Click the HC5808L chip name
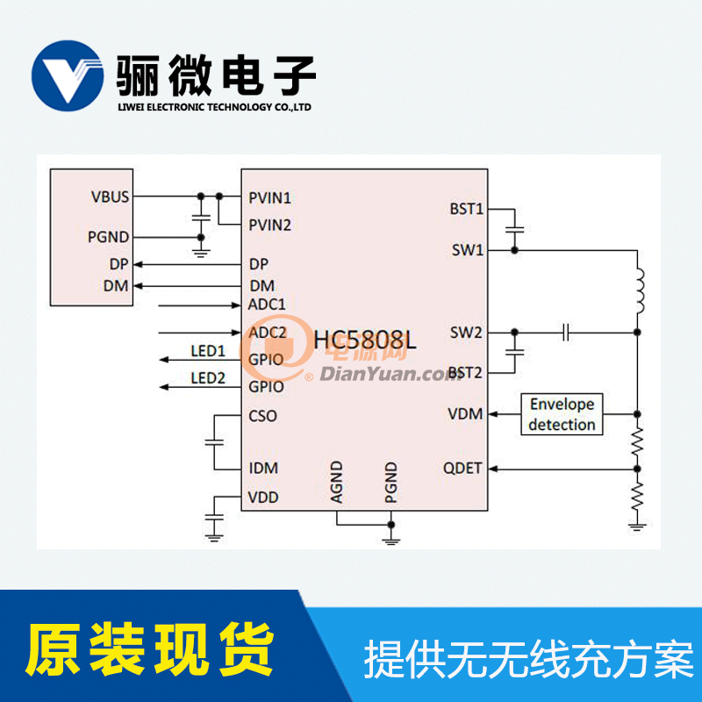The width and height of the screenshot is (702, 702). click(x=364, y=340)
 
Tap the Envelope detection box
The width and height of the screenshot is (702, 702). click(x=562, y=414)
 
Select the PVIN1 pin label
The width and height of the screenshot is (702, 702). click(x=269, y=197)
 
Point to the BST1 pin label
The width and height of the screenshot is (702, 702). click(x=467, y=209)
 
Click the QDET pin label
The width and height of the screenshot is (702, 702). click(x=462, y=469)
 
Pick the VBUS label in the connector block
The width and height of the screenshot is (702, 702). click(x=110, y=197)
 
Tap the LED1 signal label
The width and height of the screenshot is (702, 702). click(x=208, y=351)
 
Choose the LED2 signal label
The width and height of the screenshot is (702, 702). click(x=208, y=378)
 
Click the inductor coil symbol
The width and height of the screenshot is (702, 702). click(x=640, y=290)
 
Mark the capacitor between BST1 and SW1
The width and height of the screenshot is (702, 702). click(x=514, y=229)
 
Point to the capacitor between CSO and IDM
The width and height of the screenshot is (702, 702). click(x=214, y=442)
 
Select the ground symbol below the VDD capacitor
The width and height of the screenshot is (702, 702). click(x=214, y=537)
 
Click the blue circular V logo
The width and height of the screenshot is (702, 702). click(x=68, y=75)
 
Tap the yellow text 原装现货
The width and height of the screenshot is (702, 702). click(x=149, y=649)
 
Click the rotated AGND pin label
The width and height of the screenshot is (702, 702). click(x=336, y=482)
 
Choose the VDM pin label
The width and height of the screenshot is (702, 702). click(x=465, y=413)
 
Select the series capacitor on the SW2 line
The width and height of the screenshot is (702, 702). click(x=566, y=333)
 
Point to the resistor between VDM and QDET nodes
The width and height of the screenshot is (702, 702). click(x=637, y=442)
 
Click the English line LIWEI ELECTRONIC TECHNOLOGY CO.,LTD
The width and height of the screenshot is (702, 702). click(x=214, y=107)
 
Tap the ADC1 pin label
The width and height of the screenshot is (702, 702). click(x=267, y=304)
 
